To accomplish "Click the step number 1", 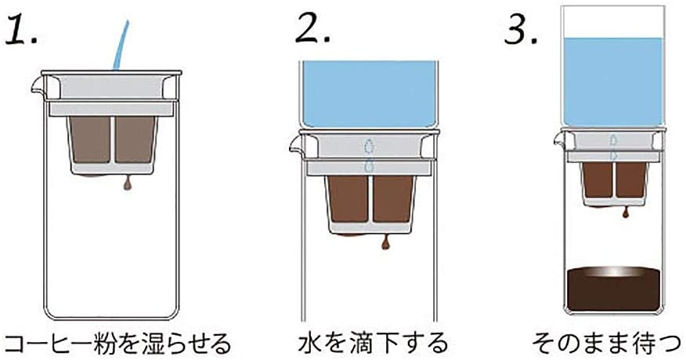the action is (x=22, y=29).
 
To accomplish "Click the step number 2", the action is (x=312, y=29).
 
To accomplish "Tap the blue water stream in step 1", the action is (x=121, y=45).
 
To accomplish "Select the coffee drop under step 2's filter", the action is (x=385, y=243).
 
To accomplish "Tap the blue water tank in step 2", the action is (x=370, y=94).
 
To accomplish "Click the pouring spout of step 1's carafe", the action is (x=39, y=86).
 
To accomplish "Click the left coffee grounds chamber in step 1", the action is (x=91, y=139).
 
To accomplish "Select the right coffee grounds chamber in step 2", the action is (x=392, y=199).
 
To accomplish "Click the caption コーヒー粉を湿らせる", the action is (x=117, y=344).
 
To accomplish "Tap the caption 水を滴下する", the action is (x=374, y=343).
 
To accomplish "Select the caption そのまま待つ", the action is (x=607, y=343).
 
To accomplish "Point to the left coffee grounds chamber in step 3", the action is (x=598, y=179).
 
